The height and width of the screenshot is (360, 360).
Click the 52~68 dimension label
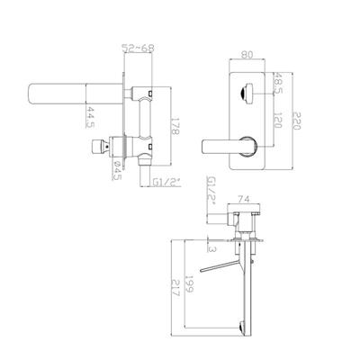(x=139, y=48)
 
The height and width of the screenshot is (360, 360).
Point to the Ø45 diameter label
(x=116, y=170)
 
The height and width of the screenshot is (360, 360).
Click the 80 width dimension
(x=247, y=55)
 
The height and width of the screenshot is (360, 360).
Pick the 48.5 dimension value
(x=278, y=84)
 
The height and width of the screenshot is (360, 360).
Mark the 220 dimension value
(x=296, y=121)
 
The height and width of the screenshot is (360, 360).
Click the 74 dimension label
(x=244, y=200)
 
